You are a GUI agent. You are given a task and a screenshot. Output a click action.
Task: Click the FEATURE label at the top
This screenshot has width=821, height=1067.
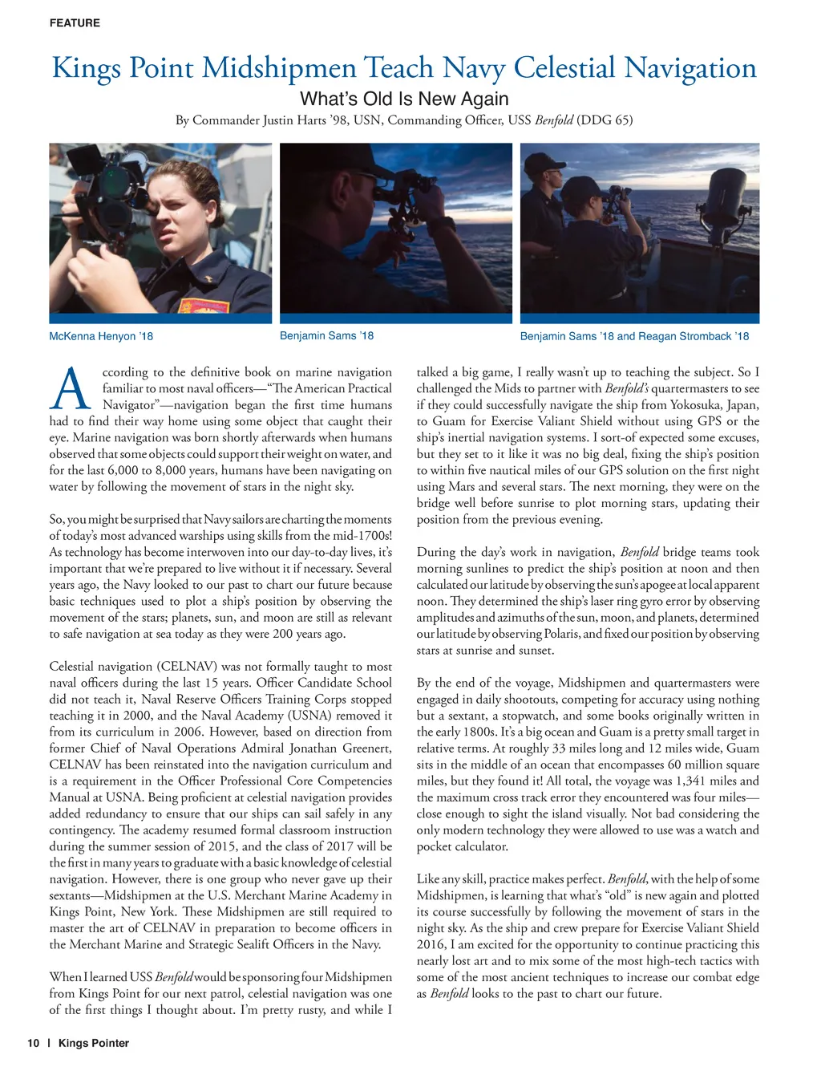[75, 23]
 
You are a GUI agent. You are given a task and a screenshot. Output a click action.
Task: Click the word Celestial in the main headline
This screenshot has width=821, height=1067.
[564, 67]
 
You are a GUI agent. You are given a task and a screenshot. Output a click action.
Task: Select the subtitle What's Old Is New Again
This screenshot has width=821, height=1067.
[404, 99]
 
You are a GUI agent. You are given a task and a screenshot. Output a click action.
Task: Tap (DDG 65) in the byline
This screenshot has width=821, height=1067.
[605, 120]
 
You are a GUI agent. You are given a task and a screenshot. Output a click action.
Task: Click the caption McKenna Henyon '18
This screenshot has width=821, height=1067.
[101, 336]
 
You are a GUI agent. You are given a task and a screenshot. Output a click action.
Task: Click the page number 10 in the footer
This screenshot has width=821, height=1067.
[33, 1043]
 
